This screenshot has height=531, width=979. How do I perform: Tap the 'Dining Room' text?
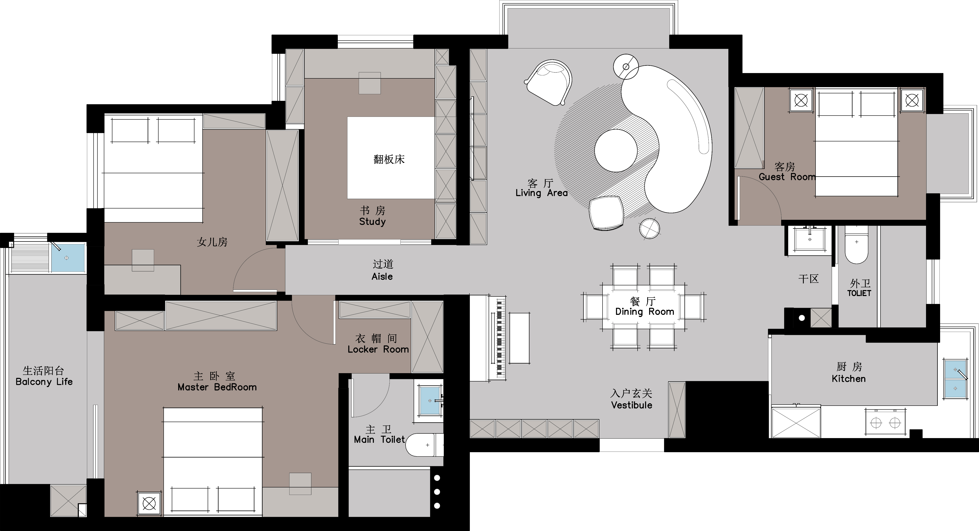(645, 312)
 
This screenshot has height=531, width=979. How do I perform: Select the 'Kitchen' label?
(849, 379)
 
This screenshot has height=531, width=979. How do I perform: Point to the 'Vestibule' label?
(632, 405)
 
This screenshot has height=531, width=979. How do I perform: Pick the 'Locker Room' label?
(378, 349)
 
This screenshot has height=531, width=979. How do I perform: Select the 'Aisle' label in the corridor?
(382, 277)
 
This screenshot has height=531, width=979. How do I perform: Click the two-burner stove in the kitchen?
(885, 422)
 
